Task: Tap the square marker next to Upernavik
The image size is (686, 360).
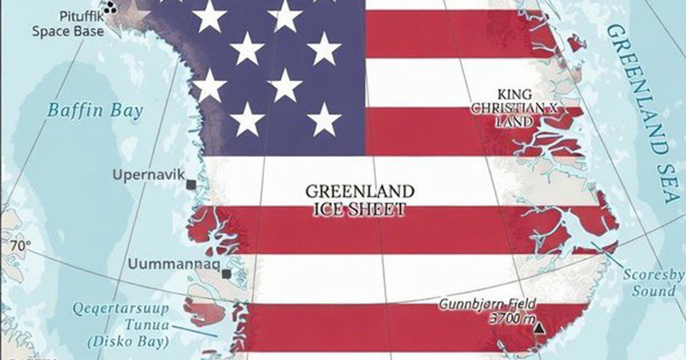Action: click(191, 184)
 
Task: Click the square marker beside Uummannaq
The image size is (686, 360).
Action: click(227, 274)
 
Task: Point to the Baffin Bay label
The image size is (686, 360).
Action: click(95, 110)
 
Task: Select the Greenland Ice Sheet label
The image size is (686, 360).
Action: click(360, 200)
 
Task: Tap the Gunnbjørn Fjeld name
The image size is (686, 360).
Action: click(488, 305)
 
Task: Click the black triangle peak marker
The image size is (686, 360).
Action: click(539, 328)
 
